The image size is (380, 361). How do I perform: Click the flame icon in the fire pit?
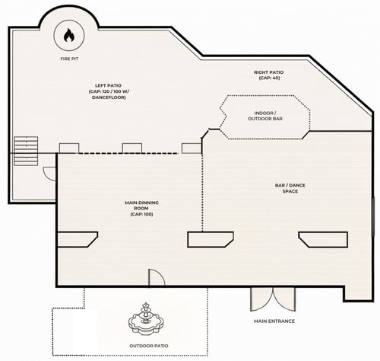tap(69, 35)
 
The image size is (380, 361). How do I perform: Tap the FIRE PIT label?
tap(69, 59)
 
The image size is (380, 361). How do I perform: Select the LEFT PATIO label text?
tap(108, 85)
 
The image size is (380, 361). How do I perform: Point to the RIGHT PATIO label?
tap(269, 72)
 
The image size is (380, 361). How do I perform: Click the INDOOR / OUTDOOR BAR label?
tap(265, 116)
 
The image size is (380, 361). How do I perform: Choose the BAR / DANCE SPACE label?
tap(290, 188)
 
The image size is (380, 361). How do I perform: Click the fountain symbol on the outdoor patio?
tap(146, 318)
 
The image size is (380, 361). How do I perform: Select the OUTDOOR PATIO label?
tap(149, 346)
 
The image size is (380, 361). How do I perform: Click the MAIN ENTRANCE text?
tap(274, 321)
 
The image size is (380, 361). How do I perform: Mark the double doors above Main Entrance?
tap(273, 299)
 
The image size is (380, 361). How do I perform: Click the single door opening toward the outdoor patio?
tap(157, 277)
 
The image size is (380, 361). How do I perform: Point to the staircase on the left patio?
tap(26, 151)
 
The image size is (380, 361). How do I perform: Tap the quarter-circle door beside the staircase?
tap(49, 174)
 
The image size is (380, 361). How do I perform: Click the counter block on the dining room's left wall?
tap(78, 239)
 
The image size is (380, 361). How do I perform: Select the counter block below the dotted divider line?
tap(211, 239)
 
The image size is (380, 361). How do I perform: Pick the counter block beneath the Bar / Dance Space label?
tap(323, 239)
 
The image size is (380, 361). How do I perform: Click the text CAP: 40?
tap(269, 78)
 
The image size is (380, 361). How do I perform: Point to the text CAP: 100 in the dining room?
tap(141, 214)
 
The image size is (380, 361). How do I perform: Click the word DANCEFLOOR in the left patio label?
tap(109, 97)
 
